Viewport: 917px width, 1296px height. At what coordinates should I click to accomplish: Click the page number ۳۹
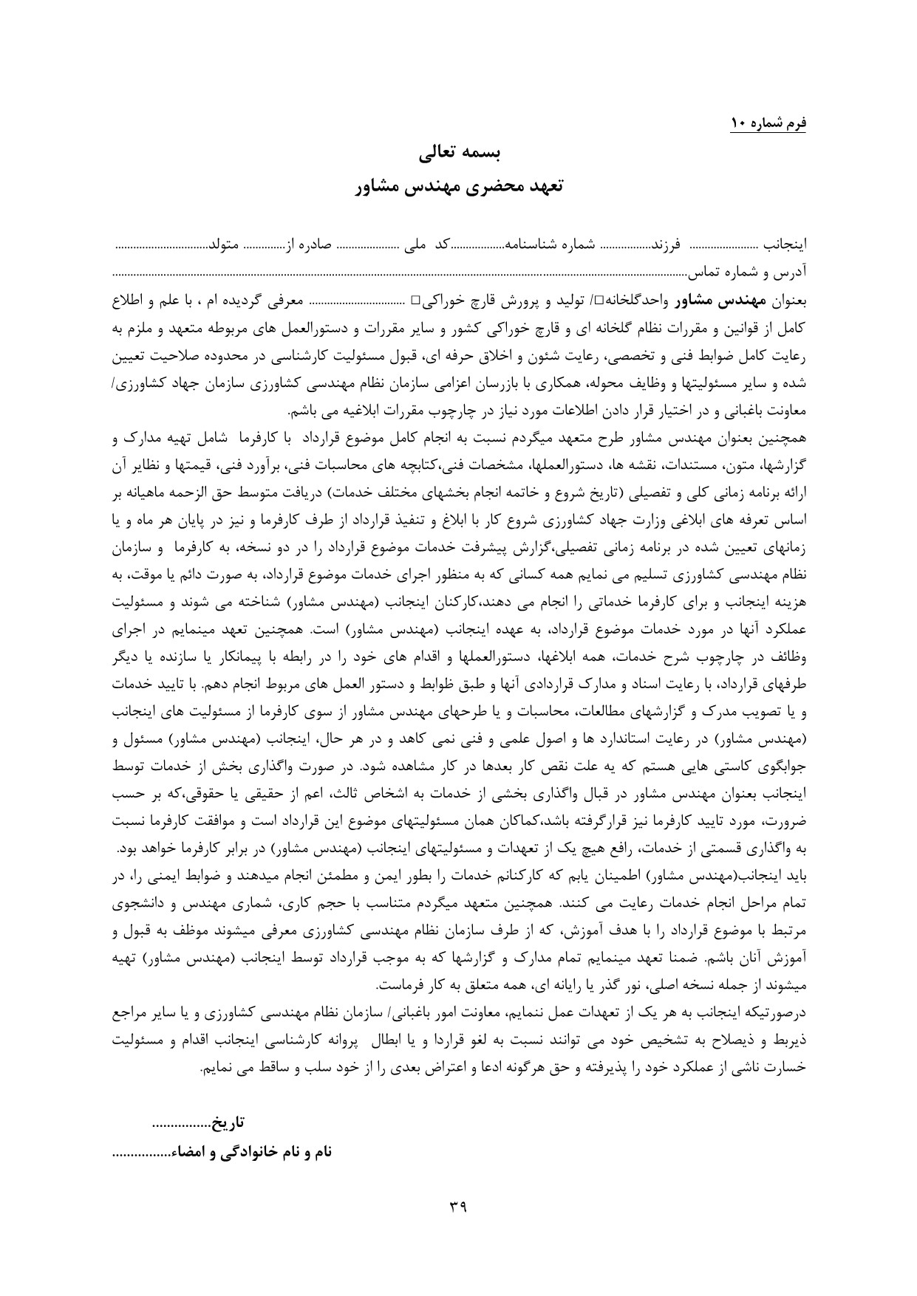click(458, 1207)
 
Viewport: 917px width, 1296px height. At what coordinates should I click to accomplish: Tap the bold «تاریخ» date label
click(228, 1125)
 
